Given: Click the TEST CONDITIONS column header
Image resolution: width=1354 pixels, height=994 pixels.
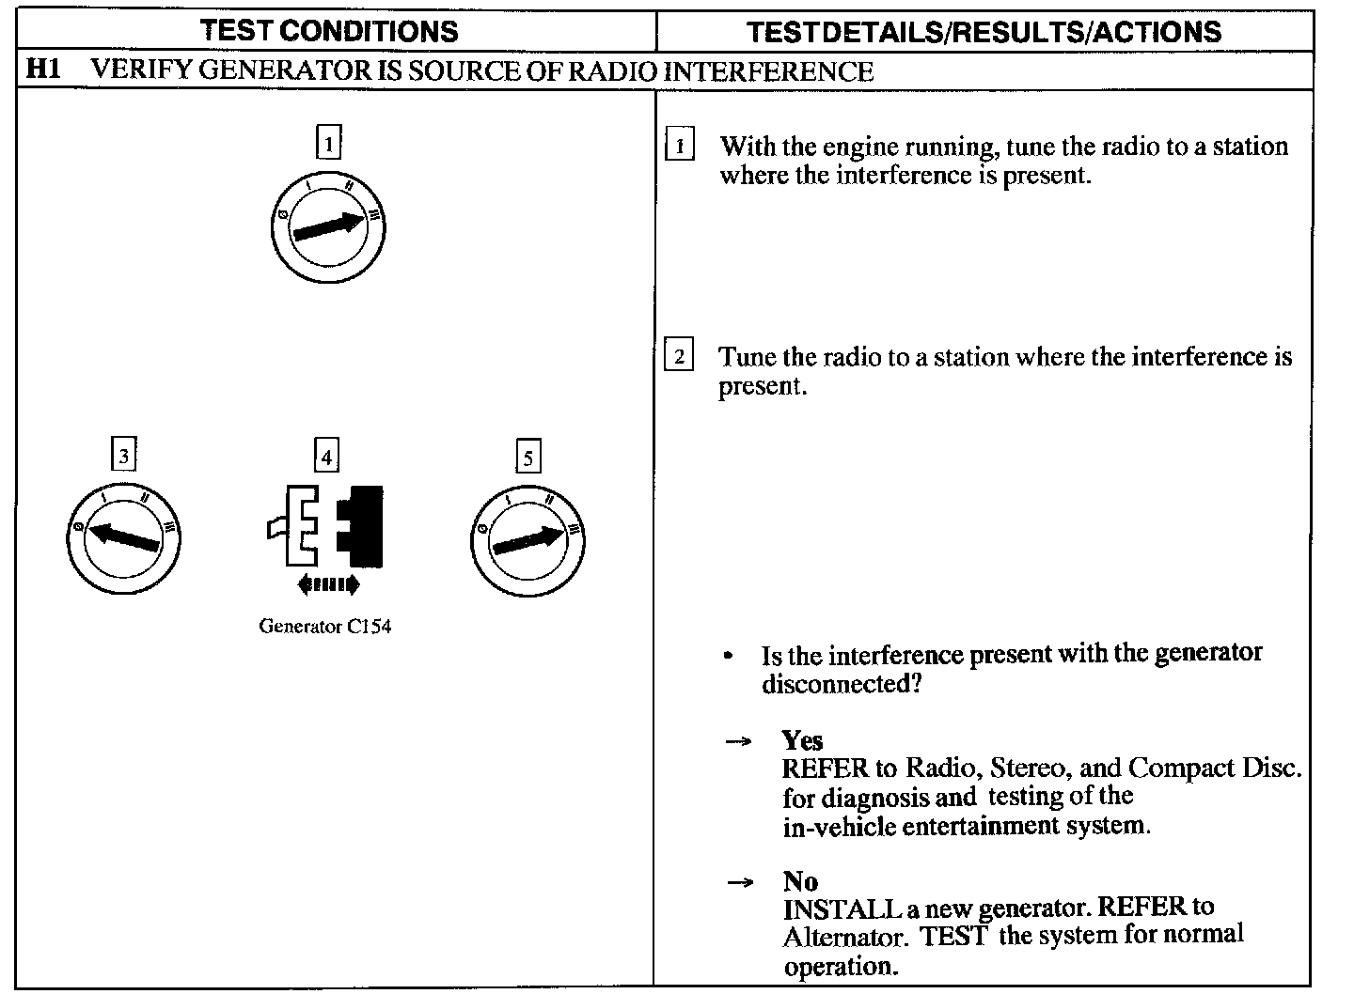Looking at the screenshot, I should click(330, 31).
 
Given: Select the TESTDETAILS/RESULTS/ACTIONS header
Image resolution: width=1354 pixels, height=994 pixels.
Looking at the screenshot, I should click(984, 32).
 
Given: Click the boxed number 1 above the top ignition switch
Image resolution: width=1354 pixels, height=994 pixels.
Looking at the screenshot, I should click(327, 144).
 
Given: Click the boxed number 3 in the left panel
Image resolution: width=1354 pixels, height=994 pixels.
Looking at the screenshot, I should click(123, 457).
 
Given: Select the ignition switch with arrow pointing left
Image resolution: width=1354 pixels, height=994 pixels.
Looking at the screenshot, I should click(123, 537).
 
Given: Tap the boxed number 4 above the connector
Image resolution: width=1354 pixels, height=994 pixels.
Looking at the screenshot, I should click(325, 457).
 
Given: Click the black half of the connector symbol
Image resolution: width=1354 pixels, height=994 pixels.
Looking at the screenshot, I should click(361, 526).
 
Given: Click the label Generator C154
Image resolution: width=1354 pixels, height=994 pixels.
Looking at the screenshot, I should click(325, 627).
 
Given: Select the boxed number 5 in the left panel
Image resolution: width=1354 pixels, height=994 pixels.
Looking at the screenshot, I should click(528, 458).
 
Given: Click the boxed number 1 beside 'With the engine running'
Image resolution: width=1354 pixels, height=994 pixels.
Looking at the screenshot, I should click(679, 147).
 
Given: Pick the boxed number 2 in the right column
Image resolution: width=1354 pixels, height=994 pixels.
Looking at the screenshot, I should click(679, 357).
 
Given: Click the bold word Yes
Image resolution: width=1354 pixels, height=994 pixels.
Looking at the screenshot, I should click(802, 740).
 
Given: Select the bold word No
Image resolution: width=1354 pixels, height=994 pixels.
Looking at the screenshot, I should click(800, 881).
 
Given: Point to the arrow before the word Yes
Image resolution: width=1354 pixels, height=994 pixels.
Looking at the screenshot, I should click(739, 742).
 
